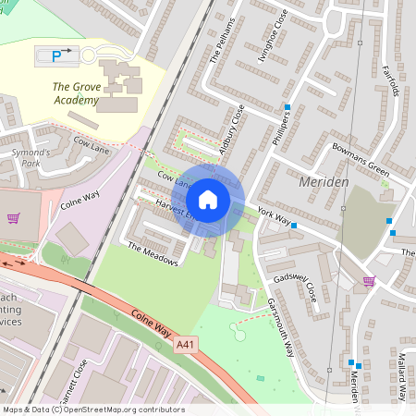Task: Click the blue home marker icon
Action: (x=208, y=199)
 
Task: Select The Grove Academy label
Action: (x=75, y=92)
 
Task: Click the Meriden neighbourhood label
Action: (x=324, y=182)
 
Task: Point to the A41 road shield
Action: (x=186, y=344)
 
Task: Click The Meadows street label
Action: (x=153, y=254)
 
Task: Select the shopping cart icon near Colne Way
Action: (x=14, y=219)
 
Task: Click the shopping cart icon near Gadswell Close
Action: (x=369, y=281)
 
